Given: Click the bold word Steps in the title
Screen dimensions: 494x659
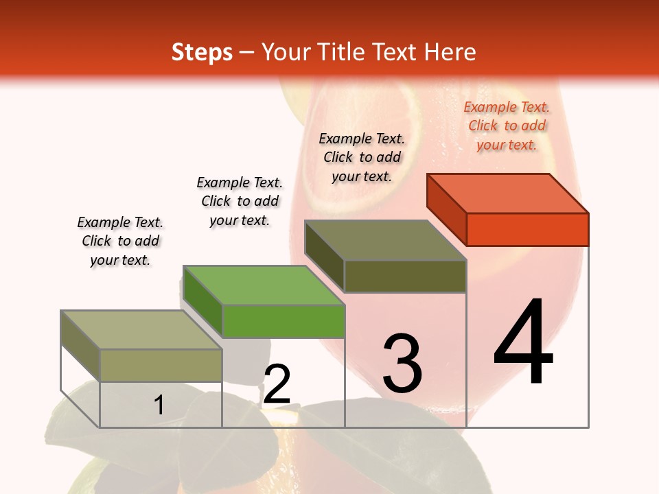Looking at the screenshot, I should click(x=202, y=52).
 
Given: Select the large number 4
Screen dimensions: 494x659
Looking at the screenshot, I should click(x=524, y=342).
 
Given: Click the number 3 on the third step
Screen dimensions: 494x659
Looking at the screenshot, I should click(x=402, y=364).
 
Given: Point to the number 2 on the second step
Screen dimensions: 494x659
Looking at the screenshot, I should click(x=277, y=384).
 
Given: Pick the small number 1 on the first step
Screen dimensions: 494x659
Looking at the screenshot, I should click(x=159, y=405).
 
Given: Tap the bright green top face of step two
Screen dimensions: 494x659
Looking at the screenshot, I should click(x=264, y=285).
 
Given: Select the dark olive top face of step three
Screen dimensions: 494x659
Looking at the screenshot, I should click(x=386, y=240).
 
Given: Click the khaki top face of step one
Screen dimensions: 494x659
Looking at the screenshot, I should click(x=141, y=330).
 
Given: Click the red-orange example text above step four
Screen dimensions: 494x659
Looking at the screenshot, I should click(x=507, y=126).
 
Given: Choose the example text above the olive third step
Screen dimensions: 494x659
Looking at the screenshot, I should click(x=362, y=157).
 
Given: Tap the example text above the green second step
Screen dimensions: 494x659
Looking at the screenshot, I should click(x=240, y=201).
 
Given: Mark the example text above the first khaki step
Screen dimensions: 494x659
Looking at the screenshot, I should click(x=120, y=241).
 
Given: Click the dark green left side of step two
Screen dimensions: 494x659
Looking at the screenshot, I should click(x=203, y=302).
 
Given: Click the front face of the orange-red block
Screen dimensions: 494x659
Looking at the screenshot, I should click(x=527, y=229).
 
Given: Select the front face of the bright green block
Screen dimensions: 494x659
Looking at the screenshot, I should click(x=283, y=320).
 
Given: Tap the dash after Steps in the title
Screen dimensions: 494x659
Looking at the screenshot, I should click(x=247, y=52).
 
